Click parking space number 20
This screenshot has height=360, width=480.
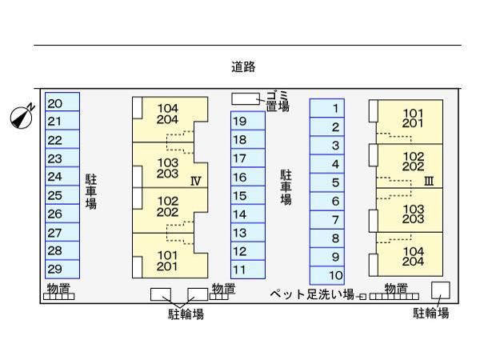pos(62,102)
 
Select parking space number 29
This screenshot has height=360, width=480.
pos(62,269)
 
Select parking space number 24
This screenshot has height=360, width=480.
pos(62,177)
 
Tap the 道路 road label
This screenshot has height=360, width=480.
pos(243,67)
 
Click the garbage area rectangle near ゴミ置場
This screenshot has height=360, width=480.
pos(246,98)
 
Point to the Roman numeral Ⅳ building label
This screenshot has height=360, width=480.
pos(195,181)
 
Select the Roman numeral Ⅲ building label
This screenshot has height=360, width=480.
pos(428,181)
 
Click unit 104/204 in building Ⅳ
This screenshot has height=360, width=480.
pos(167,114)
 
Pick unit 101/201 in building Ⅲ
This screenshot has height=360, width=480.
pos(412,118)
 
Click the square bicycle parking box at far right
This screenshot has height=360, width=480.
pos(440,290)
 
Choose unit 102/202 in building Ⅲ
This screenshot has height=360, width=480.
pos(412,162)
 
